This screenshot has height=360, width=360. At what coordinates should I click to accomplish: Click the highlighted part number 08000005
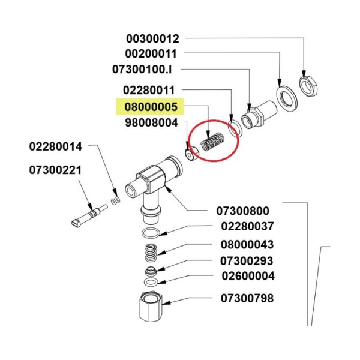point(149,108)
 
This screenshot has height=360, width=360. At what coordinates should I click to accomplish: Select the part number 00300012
point(152,39)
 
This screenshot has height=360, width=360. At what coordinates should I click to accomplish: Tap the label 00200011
point(152,54)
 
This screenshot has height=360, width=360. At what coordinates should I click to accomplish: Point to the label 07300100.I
point(146,70)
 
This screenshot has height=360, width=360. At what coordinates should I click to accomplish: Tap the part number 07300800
point(242,211)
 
